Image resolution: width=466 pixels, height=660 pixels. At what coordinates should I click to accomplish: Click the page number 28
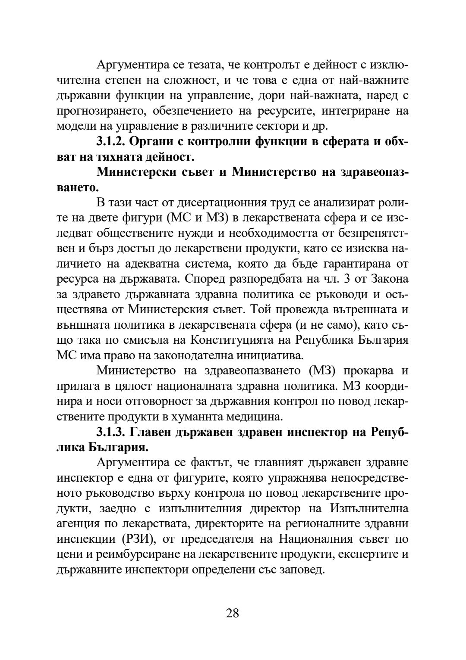(x=232, y=613)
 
